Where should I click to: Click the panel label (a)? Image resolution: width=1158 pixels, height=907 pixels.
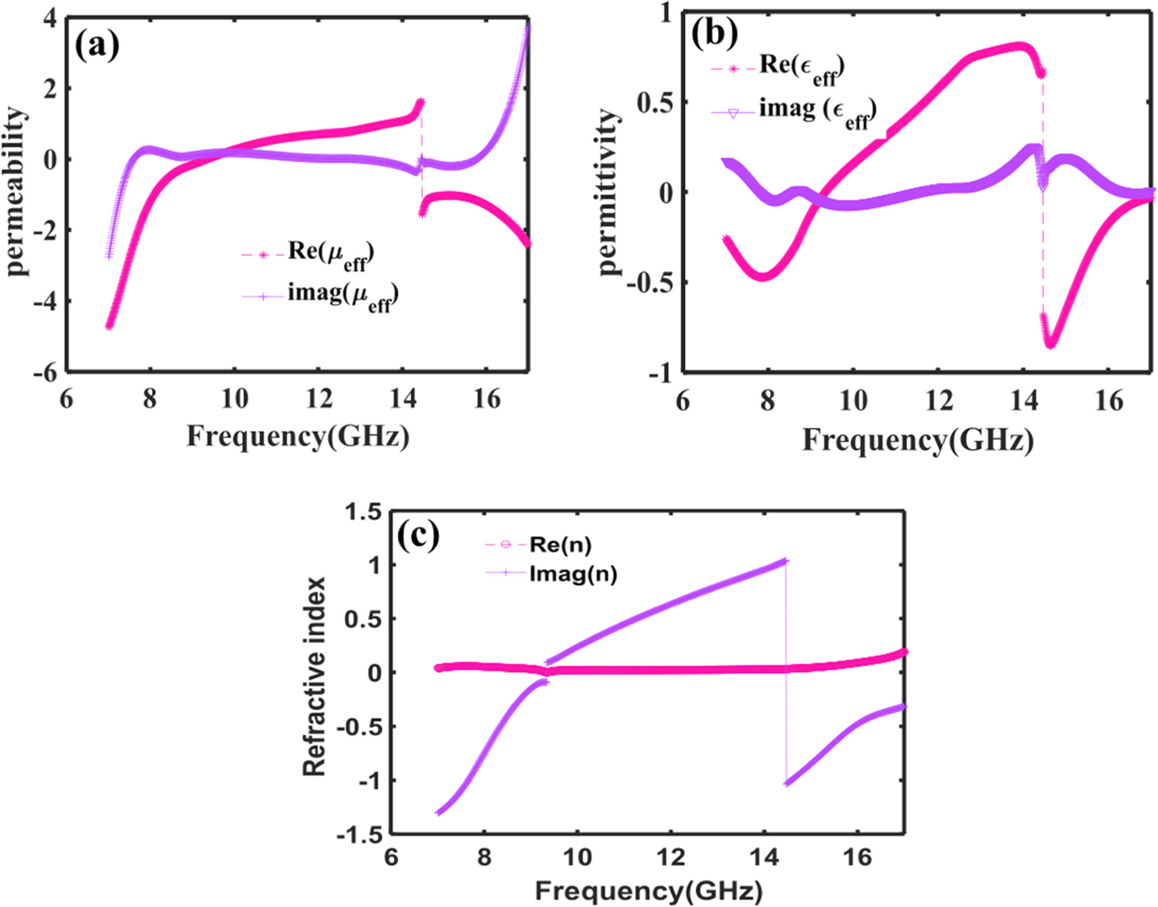[x=97, y=46]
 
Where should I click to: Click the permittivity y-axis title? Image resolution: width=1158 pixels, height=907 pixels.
[x=609, y=192]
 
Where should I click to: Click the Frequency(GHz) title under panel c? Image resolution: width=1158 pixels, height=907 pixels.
[x=649, y=891]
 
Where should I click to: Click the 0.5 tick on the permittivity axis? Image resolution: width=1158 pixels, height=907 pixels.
[x=654, y=103]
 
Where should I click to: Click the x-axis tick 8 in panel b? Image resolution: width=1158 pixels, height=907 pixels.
[x=767, y=401]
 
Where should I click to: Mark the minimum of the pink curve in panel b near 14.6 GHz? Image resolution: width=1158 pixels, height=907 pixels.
[x=1051, y=344]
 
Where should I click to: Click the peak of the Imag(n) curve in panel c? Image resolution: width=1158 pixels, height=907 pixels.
[x=784, y=561]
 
